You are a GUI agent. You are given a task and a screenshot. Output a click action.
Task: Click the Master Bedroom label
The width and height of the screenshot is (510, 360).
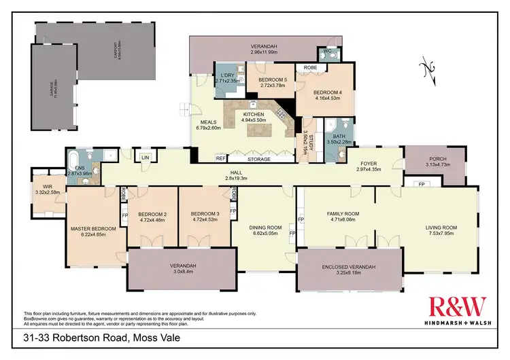click(93, 229)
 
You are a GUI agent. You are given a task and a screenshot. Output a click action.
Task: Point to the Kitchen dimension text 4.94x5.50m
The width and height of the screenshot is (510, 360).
click(258, 120)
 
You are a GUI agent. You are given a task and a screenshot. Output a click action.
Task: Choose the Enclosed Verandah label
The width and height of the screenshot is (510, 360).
click(348, 267)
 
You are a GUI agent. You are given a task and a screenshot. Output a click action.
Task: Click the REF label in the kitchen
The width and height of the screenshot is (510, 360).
click(220, 158)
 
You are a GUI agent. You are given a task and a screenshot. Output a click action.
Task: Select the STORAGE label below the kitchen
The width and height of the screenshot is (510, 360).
click(258, 159)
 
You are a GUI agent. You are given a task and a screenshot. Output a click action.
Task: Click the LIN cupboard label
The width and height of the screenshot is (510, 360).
click(145, 158)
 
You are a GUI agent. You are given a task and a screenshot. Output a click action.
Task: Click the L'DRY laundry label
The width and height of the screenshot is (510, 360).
click(224, 75)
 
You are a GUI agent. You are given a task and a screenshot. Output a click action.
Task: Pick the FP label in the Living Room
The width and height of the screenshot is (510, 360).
click(421, 184)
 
